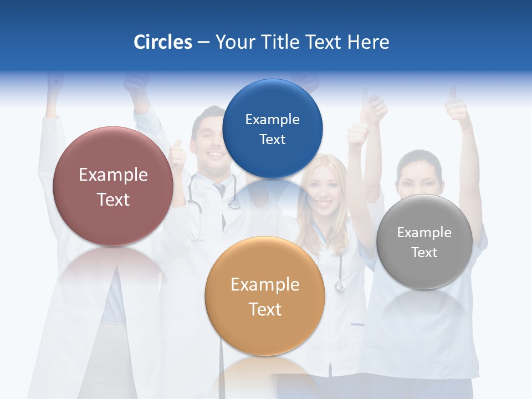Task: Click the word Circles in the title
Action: point(162,42)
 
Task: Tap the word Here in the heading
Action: point(368,42)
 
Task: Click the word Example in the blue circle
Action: point(272,119)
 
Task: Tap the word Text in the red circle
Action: point(113,199)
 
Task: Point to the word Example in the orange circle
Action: point(264,285)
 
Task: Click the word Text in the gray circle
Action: point(424,253)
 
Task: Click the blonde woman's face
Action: point(326,191)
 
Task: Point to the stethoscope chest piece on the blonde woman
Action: point(340,287)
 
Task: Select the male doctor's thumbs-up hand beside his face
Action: point(178,156)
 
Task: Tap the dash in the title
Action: point(203,43)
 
